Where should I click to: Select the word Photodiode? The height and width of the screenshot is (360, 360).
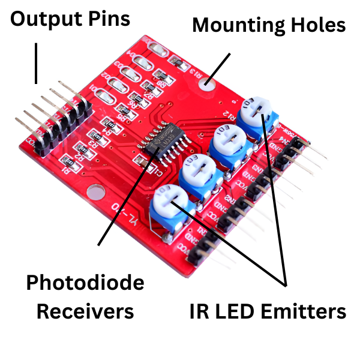click(x=85, y=283)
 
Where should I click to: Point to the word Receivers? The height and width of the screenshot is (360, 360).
click(x=85, y=311)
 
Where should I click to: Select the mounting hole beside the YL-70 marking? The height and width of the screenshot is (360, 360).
click(x=95, y=192)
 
